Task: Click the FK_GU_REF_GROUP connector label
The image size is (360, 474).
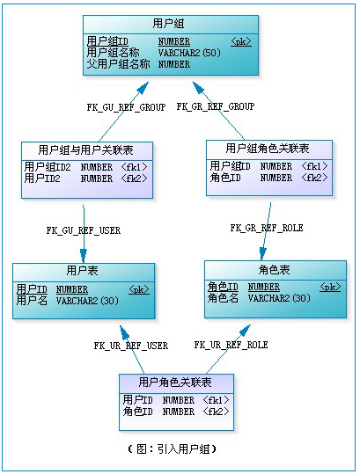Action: (126, 106)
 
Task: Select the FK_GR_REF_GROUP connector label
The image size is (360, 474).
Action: (215, 106)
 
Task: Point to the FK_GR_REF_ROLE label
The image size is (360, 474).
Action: (267, 228)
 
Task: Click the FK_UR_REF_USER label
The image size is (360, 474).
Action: (130, 346)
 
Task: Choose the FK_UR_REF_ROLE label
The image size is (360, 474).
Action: (231, 346)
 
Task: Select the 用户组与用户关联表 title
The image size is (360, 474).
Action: (88, 150)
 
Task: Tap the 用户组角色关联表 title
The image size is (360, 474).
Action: (268, 148)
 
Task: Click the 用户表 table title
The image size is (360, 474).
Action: (84, 272)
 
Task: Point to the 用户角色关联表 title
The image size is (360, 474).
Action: (176, 383)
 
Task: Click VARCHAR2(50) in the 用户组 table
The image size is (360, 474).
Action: (189, 53)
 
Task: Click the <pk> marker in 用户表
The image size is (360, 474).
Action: (138, 288)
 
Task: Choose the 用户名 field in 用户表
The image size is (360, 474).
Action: (32, 301)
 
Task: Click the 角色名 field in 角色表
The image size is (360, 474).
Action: (223, 298)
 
